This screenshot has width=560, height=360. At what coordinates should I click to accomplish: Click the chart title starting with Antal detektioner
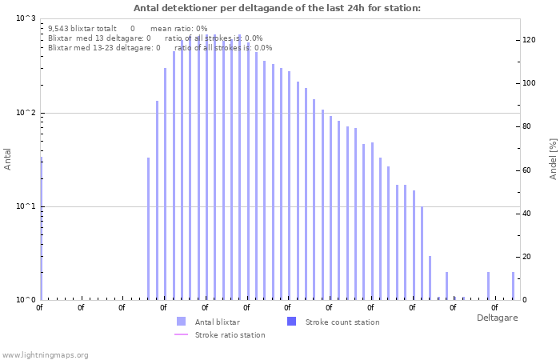click(277, 8)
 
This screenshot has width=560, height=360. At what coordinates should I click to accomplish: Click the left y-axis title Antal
click(8, 158)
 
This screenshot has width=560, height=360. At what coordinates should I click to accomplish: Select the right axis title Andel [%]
click(553, 158)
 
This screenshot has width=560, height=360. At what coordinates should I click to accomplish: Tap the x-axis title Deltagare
click(497, 318)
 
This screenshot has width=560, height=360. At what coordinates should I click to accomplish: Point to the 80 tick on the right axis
click(526, 126)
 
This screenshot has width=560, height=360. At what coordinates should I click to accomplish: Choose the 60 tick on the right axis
click(526, 170)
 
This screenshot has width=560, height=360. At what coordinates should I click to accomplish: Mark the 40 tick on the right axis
click(526, 213)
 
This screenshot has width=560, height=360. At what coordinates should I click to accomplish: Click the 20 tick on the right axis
click(526, 257)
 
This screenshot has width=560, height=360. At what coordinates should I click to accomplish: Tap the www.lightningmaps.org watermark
click(45, 354)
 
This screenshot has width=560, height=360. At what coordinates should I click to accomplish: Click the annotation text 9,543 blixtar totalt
click(82, 28)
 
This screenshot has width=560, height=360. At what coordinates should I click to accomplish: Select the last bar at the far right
click(514, 286)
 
